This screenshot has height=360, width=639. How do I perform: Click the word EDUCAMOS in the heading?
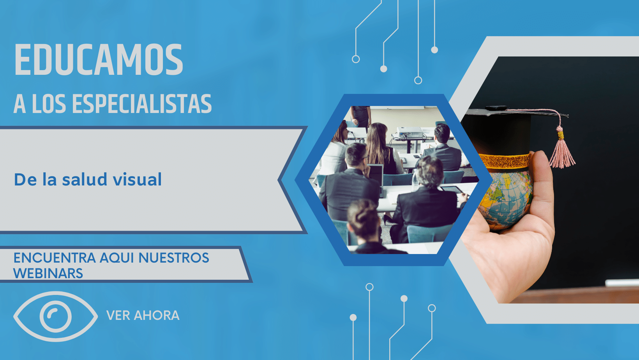coord(99,60)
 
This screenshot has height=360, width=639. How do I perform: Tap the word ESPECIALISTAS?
coord(142,104)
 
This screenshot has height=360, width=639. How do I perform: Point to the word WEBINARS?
coord(48,273)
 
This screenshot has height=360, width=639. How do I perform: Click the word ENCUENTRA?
coord(55,258)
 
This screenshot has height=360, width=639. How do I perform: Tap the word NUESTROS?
coord(174,258)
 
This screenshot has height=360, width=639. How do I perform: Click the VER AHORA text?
coord(143,316)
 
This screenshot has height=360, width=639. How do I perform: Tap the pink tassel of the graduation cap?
coord(561,151)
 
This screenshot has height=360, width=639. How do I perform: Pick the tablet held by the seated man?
coord(451,189)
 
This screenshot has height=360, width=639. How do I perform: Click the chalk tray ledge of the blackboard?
coord(622,283)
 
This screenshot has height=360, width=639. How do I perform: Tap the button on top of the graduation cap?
coord(496,108)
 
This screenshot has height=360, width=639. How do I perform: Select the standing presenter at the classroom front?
coord(361,116)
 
